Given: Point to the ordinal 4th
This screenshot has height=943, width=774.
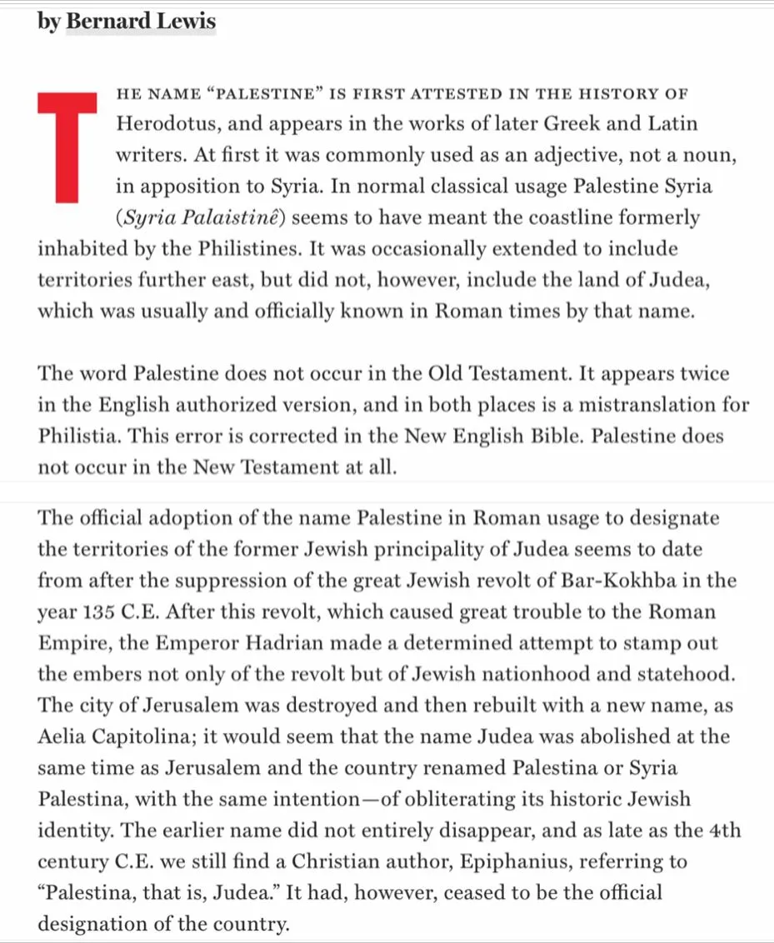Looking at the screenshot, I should pos(723,831).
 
